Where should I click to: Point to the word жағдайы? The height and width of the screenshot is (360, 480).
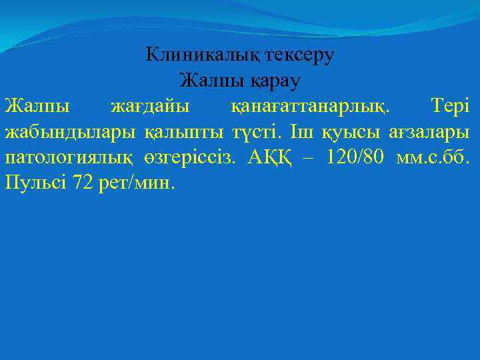(149, 106)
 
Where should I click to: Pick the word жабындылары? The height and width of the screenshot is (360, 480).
(71, 131)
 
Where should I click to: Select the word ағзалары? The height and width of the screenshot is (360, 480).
(431, 132)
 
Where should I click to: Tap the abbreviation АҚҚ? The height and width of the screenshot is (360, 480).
(271, 157)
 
